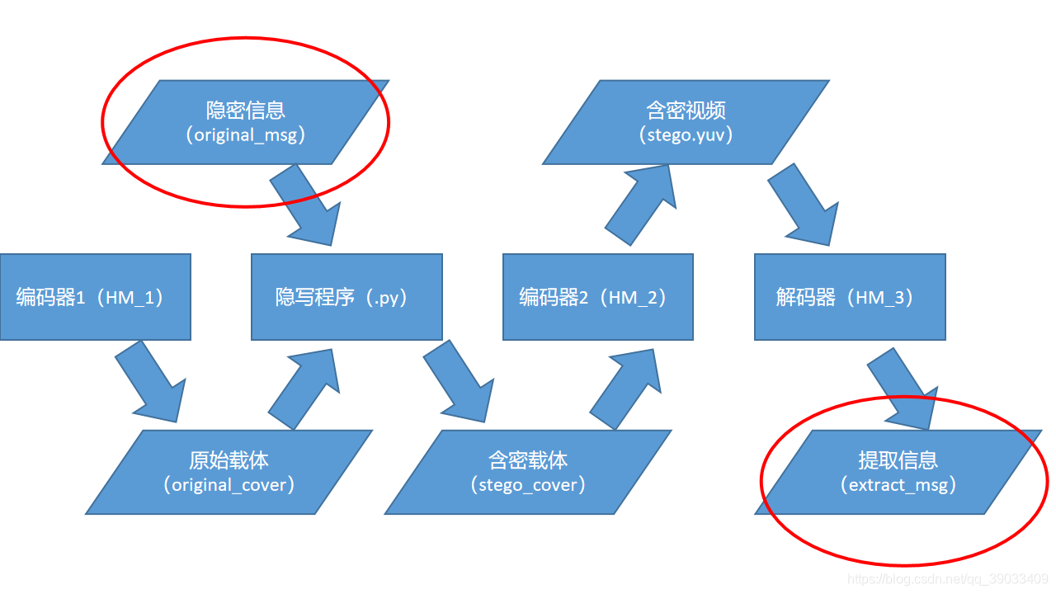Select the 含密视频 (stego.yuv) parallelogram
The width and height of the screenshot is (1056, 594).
[686, 122]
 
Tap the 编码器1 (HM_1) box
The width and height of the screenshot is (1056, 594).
[95, 297]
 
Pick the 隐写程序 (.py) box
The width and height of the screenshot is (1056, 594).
[346, 297]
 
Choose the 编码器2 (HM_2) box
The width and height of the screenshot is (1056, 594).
[598, 297]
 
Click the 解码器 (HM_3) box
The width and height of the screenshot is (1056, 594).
[850, 297]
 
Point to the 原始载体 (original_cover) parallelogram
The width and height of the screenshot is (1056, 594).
[229, 472]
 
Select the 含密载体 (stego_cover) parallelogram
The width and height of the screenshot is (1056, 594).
[528, 472]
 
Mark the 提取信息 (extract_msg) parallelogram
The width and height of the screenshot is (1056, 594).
[899, 472]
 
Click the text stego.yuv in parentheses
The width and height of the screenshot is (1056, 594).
[686, 135]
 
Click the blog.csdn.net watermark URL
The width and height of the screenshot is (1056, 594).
[948, 580]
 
